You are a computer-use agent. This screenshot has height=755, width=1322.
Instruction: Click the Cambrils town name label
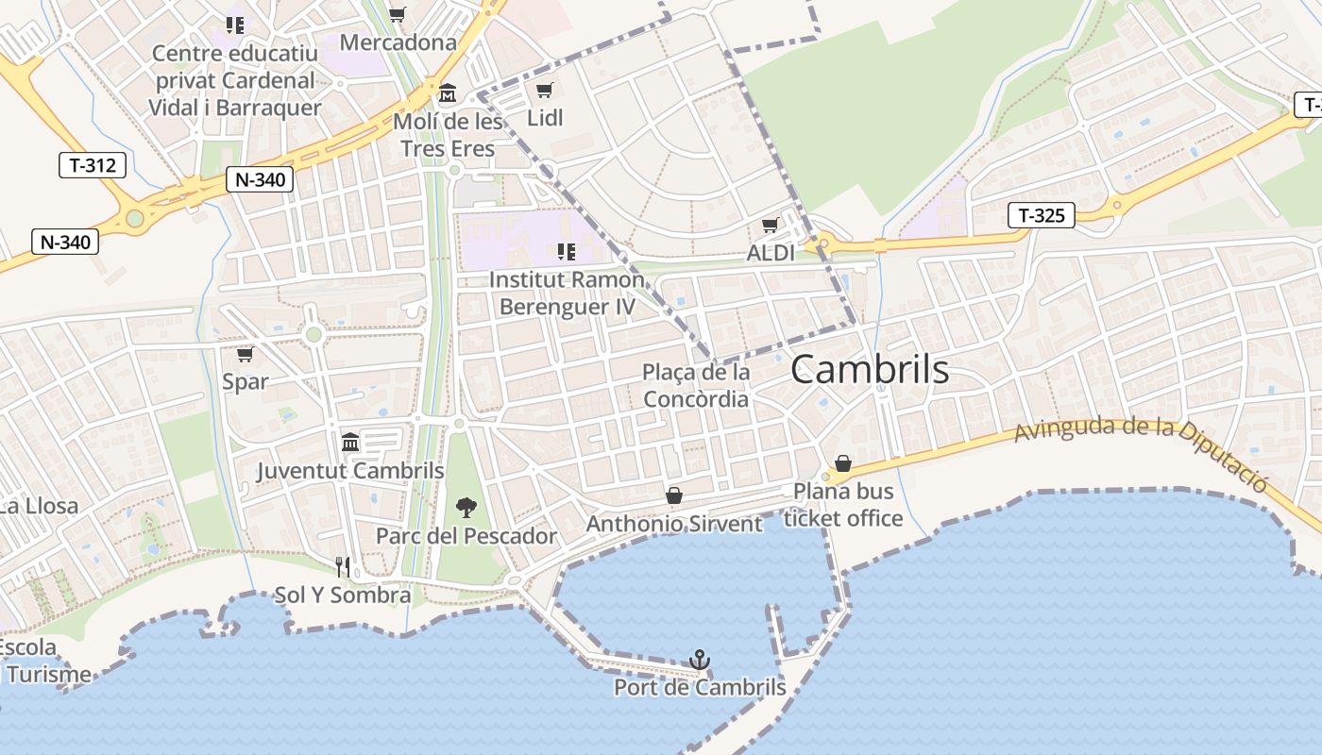870,369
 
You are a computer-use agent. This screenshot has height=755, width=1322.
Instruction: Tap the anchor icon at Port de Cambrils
700,660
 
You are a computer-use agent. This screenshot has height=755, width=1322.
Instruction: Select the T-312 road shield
93,166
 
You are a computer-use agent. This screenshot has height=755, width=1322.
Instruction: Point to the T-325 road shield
1042,215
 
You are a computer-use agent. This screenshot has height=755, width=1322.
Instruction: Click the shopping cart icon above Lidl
544,90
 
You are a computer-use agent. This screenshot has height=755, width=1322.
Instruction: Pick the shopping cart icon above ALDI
770,226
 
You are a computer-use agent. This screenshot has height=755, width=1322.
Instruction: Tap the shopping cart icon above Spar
246,354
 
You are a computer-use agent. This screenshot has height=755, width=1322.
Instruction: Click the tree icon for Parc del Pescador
466,508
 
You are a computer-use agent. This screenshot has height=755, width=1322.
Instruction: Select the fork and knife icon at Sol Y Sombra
343,566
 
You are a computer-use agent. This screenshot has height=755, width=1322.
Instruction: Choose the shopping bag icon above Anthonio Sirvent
674,495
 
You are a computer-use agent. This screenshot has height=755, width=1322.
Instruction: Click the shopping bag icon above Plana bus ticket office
842,463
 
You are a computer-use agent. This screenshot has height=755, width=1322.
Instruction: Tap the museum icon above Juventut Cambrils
350,442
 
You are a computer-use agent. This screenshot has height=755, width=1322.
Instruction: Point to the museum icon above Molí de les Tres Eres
447,93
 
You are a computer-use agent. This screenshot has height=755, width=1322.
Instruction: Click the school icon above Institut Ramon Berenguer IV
567,251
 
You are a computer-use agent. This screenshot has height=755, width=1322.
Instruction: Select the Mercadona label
398,42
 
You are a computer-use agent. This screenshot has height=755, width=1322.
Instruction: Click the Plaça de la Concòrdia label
696,385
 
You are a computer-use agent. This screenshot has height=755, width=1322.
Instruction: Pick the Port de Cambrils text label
700,687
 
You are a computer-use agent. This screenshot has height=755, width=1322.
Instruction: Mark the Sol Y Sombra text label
342,596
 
